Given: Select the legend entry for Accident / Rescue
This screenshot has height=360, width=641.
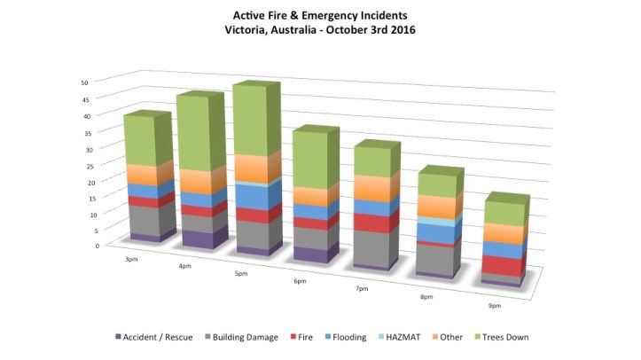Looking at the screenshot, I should [154, 337].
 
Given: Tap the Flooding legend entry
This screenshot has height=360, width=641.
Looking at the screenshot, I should [348, 337].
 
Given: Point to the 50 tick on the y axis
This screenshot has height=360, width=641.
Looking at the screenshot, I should [83, 82].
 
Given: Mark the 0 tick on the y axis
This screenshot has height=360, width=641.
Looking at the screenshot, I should [84, 246].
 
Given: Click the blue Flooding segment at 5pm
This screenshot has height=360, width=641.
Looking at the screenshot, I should [252, 197].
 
